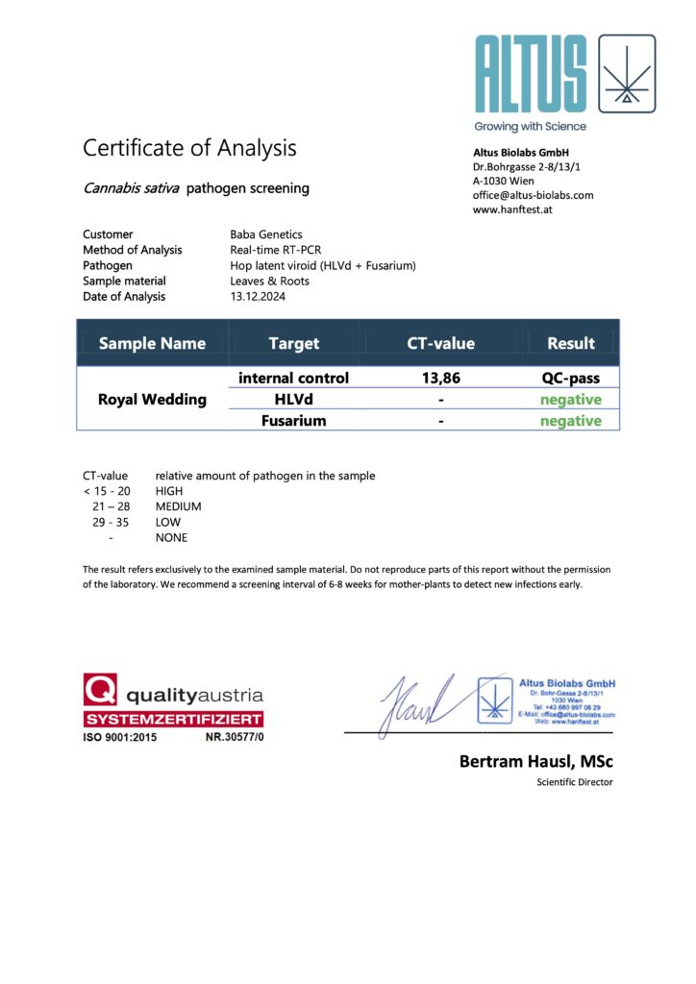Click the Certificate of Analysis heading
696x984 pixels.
(x=189, y=148)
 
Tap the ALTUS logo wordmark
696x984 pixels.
(x=530, y=74)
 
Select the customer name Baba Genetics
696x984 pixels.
(x=266, y=234)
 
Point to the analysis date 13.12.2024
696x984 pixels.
(x=258, y=297)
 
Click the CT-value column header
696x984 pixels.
(x=440, y=343)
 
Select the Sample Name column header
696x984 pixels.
(x=152, y=343)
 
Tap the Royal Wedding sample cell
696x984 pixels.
(x=152, y=400)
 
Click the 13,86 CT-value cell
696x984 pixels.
(x=441, y=379)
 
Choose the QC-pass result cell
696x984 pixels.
(x=571, y=379)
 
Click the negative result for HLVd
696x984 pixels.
(x=571, y=400)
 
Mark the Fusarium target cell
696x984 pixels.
(x=293, y=421)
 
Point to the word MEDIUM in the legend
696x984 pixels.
(x=179, y=506)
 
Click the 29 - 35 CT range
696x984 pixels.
(x=107, y=522)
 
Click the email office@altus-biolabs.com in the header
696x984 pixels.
(x=533, y=195)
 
